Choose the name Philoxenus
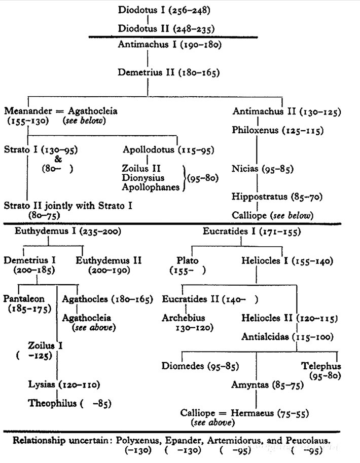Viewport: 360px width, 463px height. pyautogui.click(x=256, y=130)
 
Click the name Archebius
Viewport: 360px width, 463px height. pyautogui.click(x=184, y=319)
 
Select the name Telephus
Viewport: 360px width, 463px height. pyautogui.click(x=320, y=366)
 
